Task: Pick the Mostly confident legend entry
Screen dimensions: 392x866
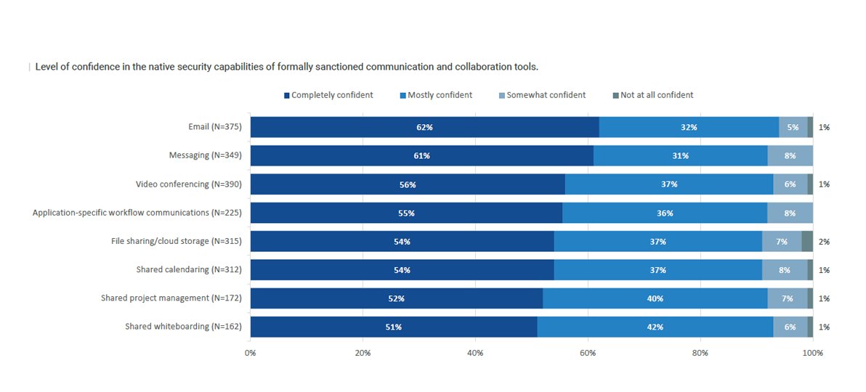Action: tap(440, 95)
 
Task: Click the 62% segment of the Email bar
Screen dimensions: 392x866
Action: tap(424, 127)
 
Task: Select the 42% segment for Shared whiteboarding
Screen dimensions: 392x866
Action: tap(655, 327)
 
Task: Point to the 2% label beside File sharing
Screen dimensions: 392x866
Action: tap(824, 242)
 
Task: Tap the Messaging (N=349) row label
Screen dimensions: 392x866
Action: tap(205, 155)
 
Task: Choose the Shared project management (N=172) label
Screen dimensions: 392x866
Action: tap(171, 298)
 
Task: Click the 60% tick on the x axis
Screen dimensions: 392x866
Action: tap(588, 354)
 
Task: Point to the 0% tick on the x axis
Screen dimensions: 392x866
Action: tap(250, 354)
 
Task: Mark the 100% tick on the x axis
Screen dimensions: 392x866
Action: tap(812, 354)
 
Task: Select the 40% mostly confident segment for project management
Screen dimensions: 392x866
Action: tap(655, 298)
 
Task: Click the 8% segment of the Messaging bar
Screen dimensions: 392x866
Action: tap(790, 155)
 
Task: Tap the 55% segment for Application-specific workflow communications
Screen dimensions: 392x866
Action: tap(406, 213)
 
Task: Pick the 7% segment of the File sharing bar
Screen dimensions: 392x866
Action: tap(782, 242)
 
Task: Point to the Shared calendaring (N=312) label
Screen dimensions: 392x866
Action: tap(188, 270)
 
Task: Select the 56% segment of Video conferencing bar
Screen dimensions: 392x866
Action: tap(408, 184)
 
